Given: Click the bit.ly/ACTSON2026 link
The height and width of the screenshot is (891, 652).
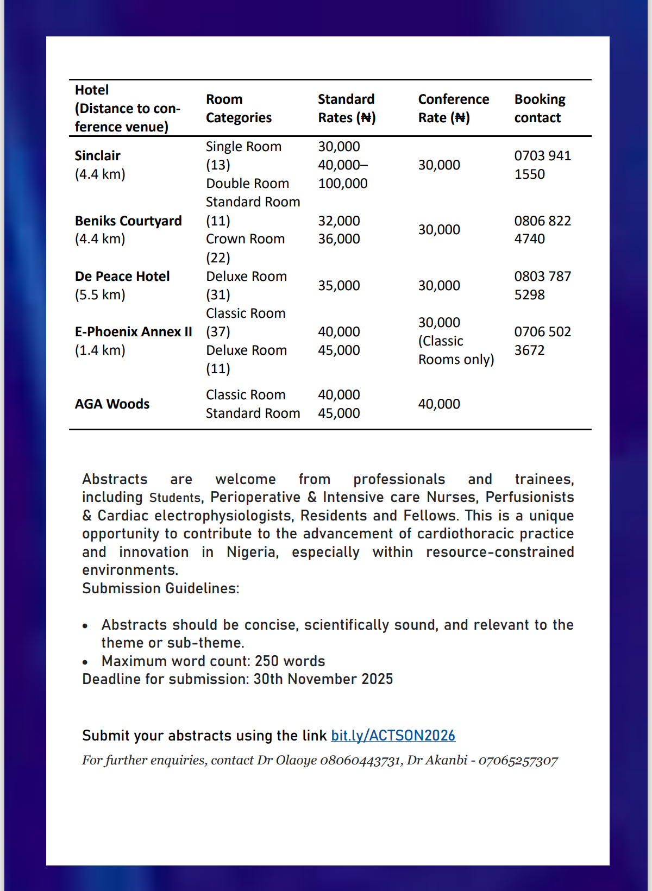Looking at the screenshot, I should [393, 736].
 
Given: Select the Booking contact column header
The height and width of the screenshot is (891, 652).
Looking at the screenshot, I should [540, 109].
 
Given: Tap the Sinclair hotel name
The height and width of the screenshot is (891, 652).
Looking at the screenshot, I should [98, 156].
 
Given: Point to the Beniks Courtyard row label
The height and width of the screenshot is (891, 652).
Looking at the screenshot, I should [128, 221].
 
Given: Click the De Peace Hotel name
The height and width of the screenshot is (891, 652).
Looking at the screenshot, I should [122, 277].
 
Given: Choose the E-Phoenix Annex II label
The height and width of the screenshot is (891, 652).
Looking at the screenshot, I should [134, 332].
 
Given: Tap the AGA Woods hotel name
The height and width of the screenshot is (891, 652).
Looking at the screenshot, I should [112, 404].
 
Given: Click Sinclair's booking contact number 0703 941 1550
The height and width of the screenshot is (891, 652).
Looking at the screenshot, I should [542, 165].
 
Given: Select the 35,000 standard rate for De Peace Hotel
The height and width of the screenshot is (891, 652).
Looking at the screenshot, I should [339, 286].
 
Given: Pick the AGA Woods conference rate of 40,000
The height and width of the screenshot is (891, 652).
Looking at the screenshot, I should [439, 404].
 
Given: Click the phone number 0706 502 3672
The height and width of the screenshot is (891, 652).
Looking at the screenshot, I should [542, 341].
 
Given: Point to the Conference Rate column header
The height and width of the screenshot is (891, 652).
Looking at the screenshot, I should [453, 109].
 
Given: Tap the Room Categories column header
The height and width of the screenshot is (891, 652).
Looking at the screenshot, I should [239, 109].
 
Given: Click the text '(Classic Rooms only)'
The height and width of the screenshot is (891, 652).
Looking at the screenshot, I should [456, 350].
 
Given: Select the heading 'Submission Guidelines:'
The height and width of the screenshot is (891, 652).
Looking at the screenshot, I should [160, 588].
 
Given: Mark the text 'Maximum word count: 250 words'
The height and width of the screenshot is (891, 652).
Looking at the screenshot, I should [213, 661].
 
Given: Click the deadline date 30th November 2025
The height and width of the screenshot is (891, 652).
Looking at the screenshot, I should [323, 679].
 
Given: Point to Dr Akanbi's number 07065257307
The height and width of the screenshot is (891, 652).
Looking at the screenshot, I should [518, 760].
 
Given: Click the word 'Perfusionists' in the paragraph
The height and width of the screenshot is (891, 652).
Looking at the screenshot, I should [529, 497].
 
